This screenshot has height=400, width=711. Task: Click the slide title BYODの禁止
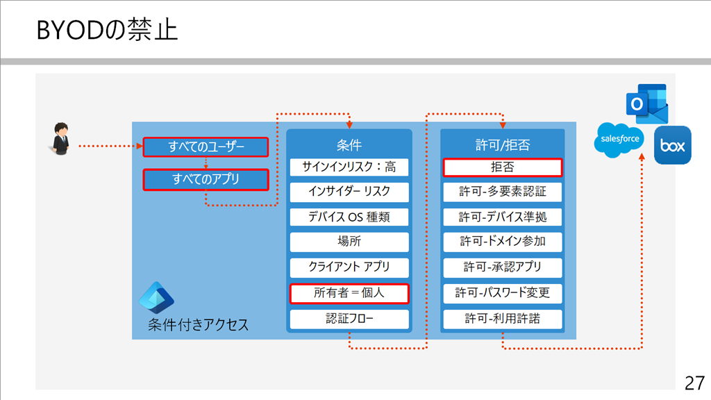coord(107,30)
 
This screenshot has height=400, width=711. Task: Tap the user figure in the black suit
coord(61,139)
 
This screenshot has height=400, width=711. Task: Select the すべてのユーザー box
coord(206,147)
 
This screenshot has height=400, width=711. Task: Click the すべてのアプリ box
coord(206,180)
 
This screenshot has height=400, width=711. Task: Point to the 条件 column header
coord(349,145)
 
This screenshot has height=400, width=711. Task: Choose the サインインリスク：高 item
coord(349,167)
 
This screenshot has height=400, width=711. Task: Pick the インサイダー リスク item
coord(349,192)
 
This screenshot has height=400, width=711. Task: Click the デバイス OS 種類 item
coord(349,217)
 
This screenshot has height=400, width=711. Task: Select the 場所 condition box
coord(349,242)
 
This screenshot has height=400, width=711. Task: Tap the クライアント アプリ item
coord(349,267)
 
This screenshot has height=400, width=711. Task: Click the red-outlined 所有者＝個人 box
coord(349,293)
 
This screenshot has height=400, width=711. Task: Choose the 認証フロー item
coord(349,319)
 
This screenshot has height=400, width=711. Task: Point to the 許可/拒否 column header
coord(503,145)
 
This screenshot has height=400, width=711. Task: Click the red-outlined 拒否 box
coord(503,167)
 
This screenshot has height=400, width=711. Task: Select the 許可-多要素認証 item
coord(503,192)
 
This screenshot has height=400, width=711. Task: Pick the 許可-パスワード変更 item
coord(503,293)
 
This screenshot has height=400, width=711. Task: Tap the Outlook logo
coord(647,103)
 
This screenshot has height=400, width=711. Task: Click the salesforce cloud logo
coord(619,140)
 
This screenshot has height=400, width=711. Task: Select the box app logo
coord(672,145)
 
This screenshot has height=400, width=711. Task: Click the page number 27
coord(694,383)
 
